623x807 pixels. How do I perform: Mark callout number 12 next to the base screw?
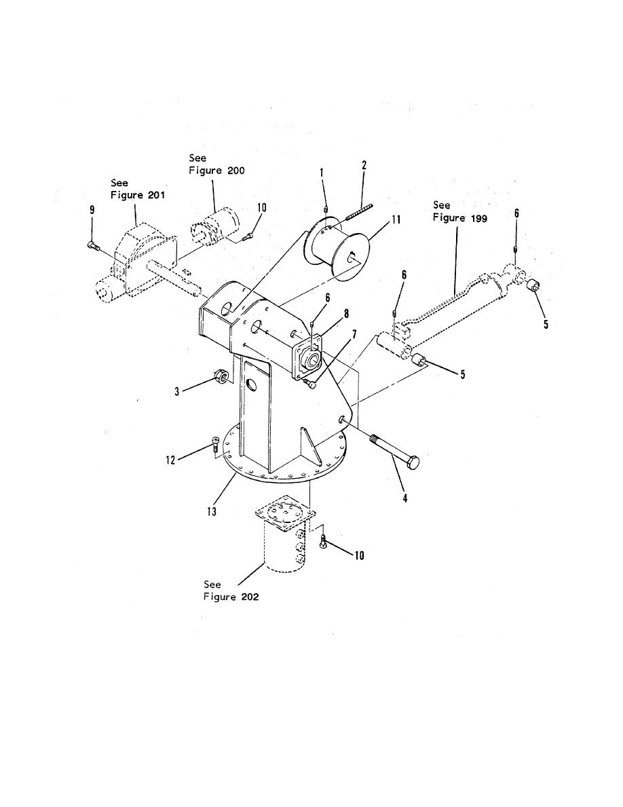click(171, 460)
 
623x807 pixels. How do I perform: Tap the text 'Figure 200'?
click(216, 171)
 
